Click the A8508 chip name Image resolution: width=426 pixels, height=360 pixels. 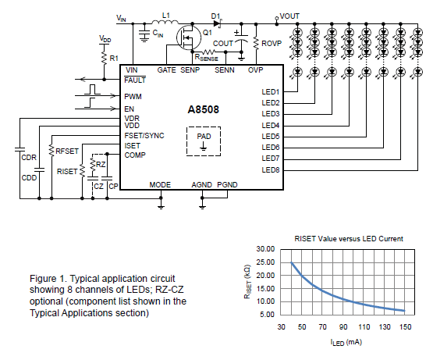coord(203,109)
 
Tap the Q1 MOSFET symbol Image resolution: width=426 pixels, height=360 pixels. coord(189,37)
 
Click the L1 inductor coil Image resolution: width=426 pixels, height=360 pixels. coord(165,22)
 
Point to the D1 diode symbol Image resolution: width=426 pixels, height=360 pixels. coord(218,23)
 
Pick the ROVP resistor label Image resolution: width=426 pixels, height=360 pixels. coord(272,44)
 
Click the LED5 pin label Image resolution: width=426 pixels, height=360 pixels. coord(270,136)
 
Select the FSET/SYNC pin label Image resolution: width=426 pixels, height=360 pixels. coord(144,136)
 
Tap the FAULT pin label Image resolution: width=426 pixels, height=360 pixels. coord(135,80)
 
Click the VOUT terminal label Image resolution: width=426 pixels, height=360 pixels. coord(289,16)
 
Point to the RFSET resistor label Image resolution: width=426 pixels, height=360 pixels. coord(67,151)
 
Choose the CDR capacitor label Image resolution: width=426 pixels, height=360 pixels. coord(29,158)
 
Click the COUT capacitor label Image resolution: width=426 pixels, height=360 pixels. coord(223,44)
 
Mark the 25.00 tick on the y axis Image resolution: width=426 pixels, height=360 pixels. coord(265,262)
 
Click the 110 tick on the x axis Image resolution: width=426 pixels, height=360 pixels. coord(364,327)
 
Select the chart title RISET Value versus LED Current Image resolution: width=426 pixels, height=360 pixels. coord(349,239)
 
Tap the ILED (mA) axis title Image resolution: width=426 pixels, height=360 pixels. coord(346,342)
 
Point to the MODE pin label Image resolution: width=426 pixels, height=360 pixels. coord(160,185)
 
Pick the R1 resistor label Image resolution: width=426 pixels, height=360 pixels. coord(114,59)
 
